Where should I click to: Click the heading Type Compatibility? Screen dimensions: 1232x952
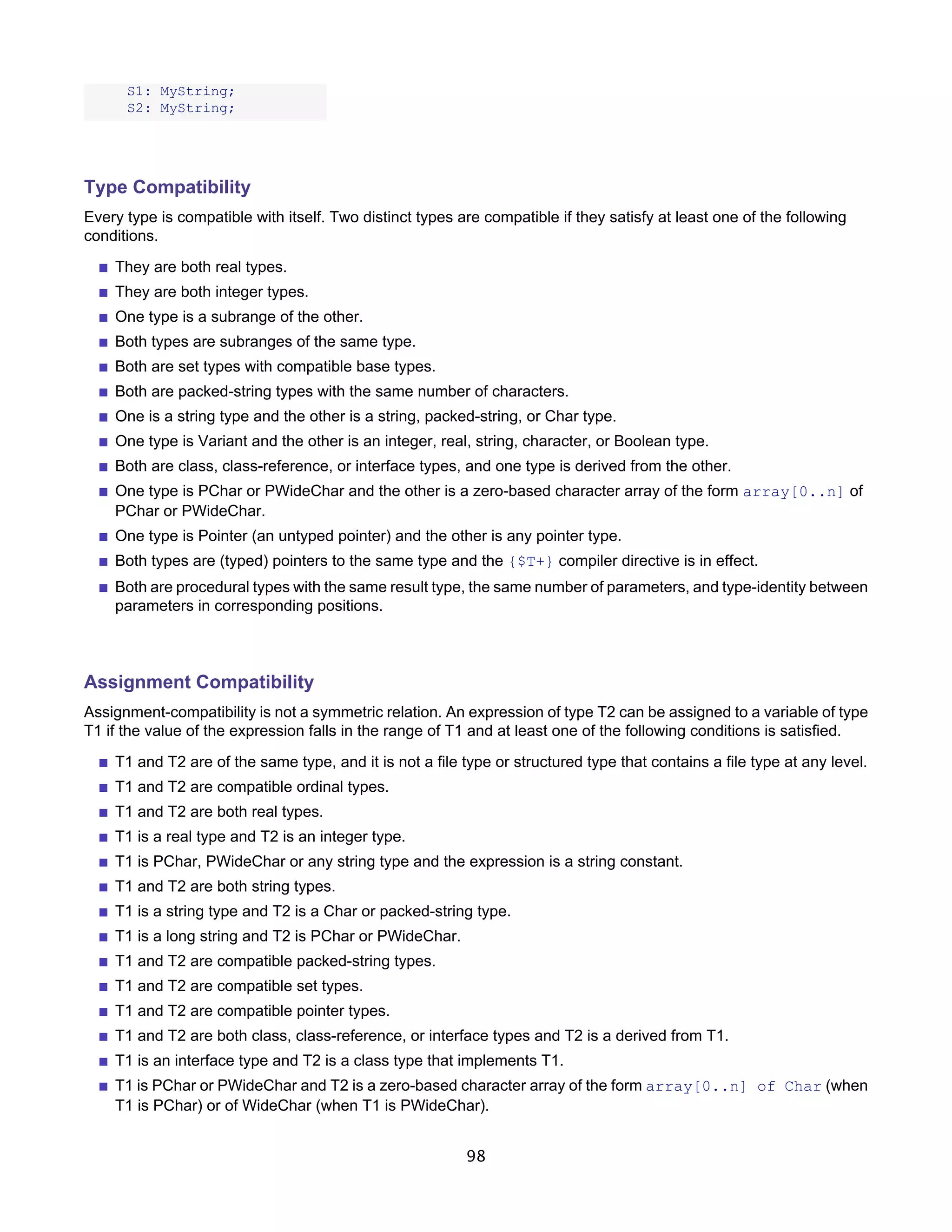point(167,187)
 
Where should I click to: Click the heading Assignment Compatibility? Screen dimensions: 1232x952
point(198,682)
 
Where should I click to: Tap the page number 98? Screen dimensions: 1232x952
point(476,1156)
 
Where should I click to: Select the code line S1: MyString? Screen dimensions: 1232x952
point(180,92)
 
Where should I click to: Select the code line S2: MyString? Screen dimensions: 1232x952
point(180,108)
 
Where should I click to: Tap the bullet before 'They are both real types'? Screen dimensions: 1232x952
point(103,268)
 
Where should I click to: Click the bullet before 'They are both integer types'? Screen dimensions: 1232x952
point(103,293)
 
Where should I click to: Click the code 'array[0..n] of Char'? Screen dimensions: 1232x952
point(733,1086)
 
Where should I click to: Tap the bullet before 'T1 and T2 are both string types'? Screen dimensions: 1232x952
point(103,888)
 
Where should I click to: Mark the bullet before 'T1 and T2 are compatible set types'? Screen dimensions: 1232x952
point(103,987)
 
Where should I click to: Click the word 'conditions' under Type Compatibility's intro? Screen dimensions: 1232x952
point(119,236)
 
